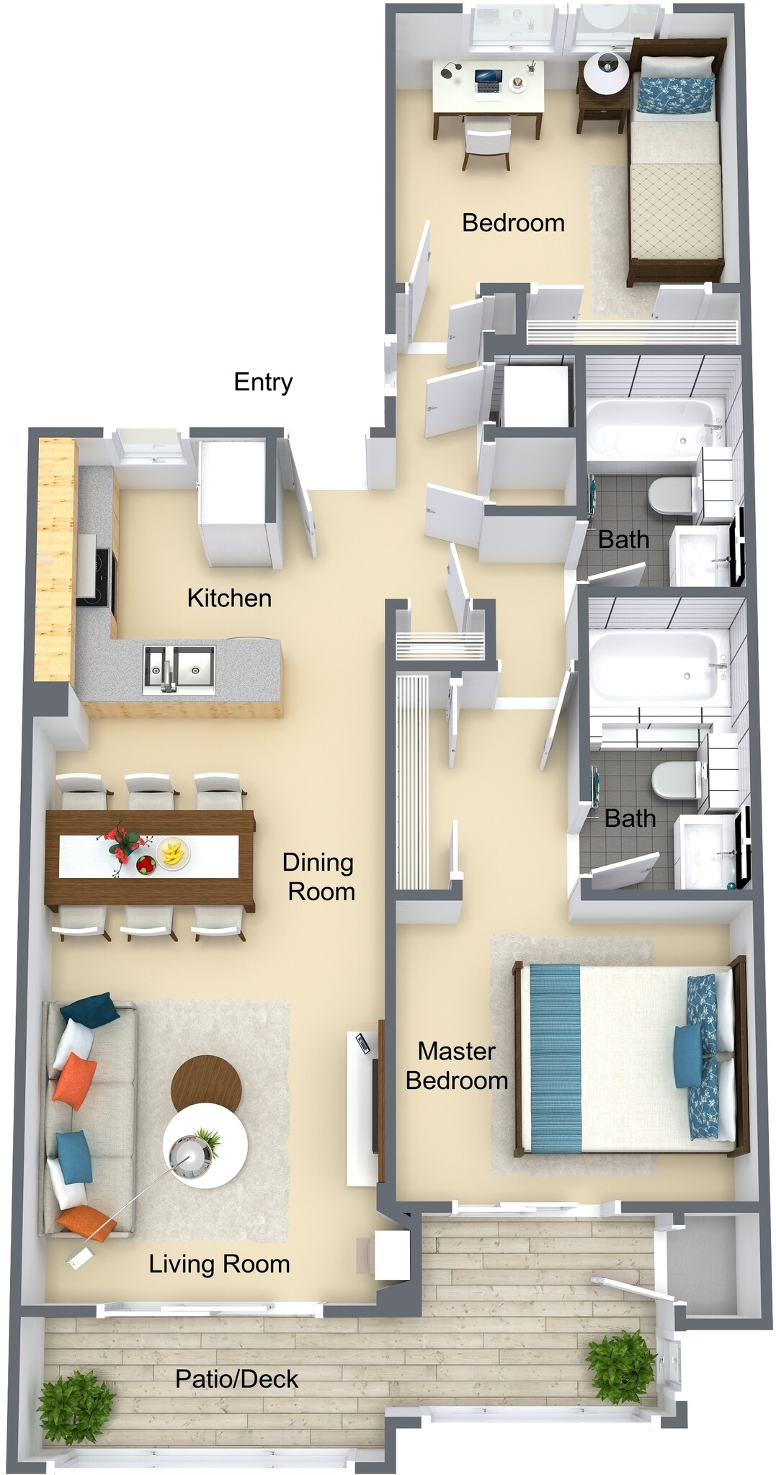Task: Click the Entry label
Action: pyautogui.click(x=263, y=382)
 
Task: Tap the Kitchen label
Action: pyautogui.click(x=229, y=598)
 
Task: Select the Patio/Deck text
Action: pyautogui.click(x=236, y=1378)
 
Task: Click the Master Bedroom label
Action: pyautogui.click(x=456, y=1066)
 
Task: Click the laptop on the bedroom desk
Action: pyautogui.click(x=488, y=80)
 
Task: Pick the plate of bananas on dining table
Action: pyautogui.click(x=173, y=854)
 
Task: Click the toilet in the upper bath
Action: pyautogui.click(x=670, y=496)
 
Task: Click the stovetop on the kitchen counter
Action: pyautogui.click(x=95, y=576)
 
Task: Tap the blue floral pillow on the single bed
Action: pyautogui.click(x=674, y=94)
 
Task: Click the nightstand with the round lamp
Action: pyautogui.click(x=603, y=94)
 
